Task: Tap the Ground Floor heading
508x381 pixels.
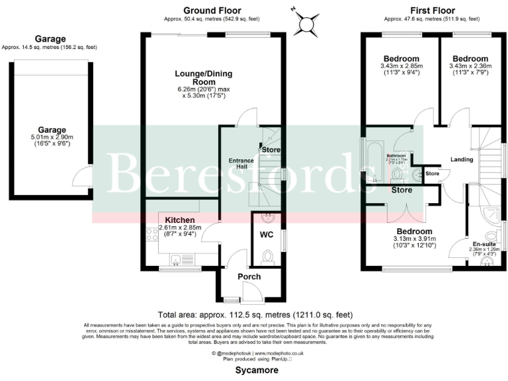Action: point(212,10)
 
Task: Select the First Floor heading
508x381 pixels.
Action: point(433,10)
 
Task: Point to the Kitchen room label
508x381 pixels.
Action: point(179,220)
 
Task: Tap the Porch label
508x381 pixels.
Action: point(249,276)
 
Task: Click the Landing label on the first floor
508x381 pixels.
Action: point(462,159)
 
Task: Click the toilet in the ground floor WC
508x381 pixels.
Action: point(268,256)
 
